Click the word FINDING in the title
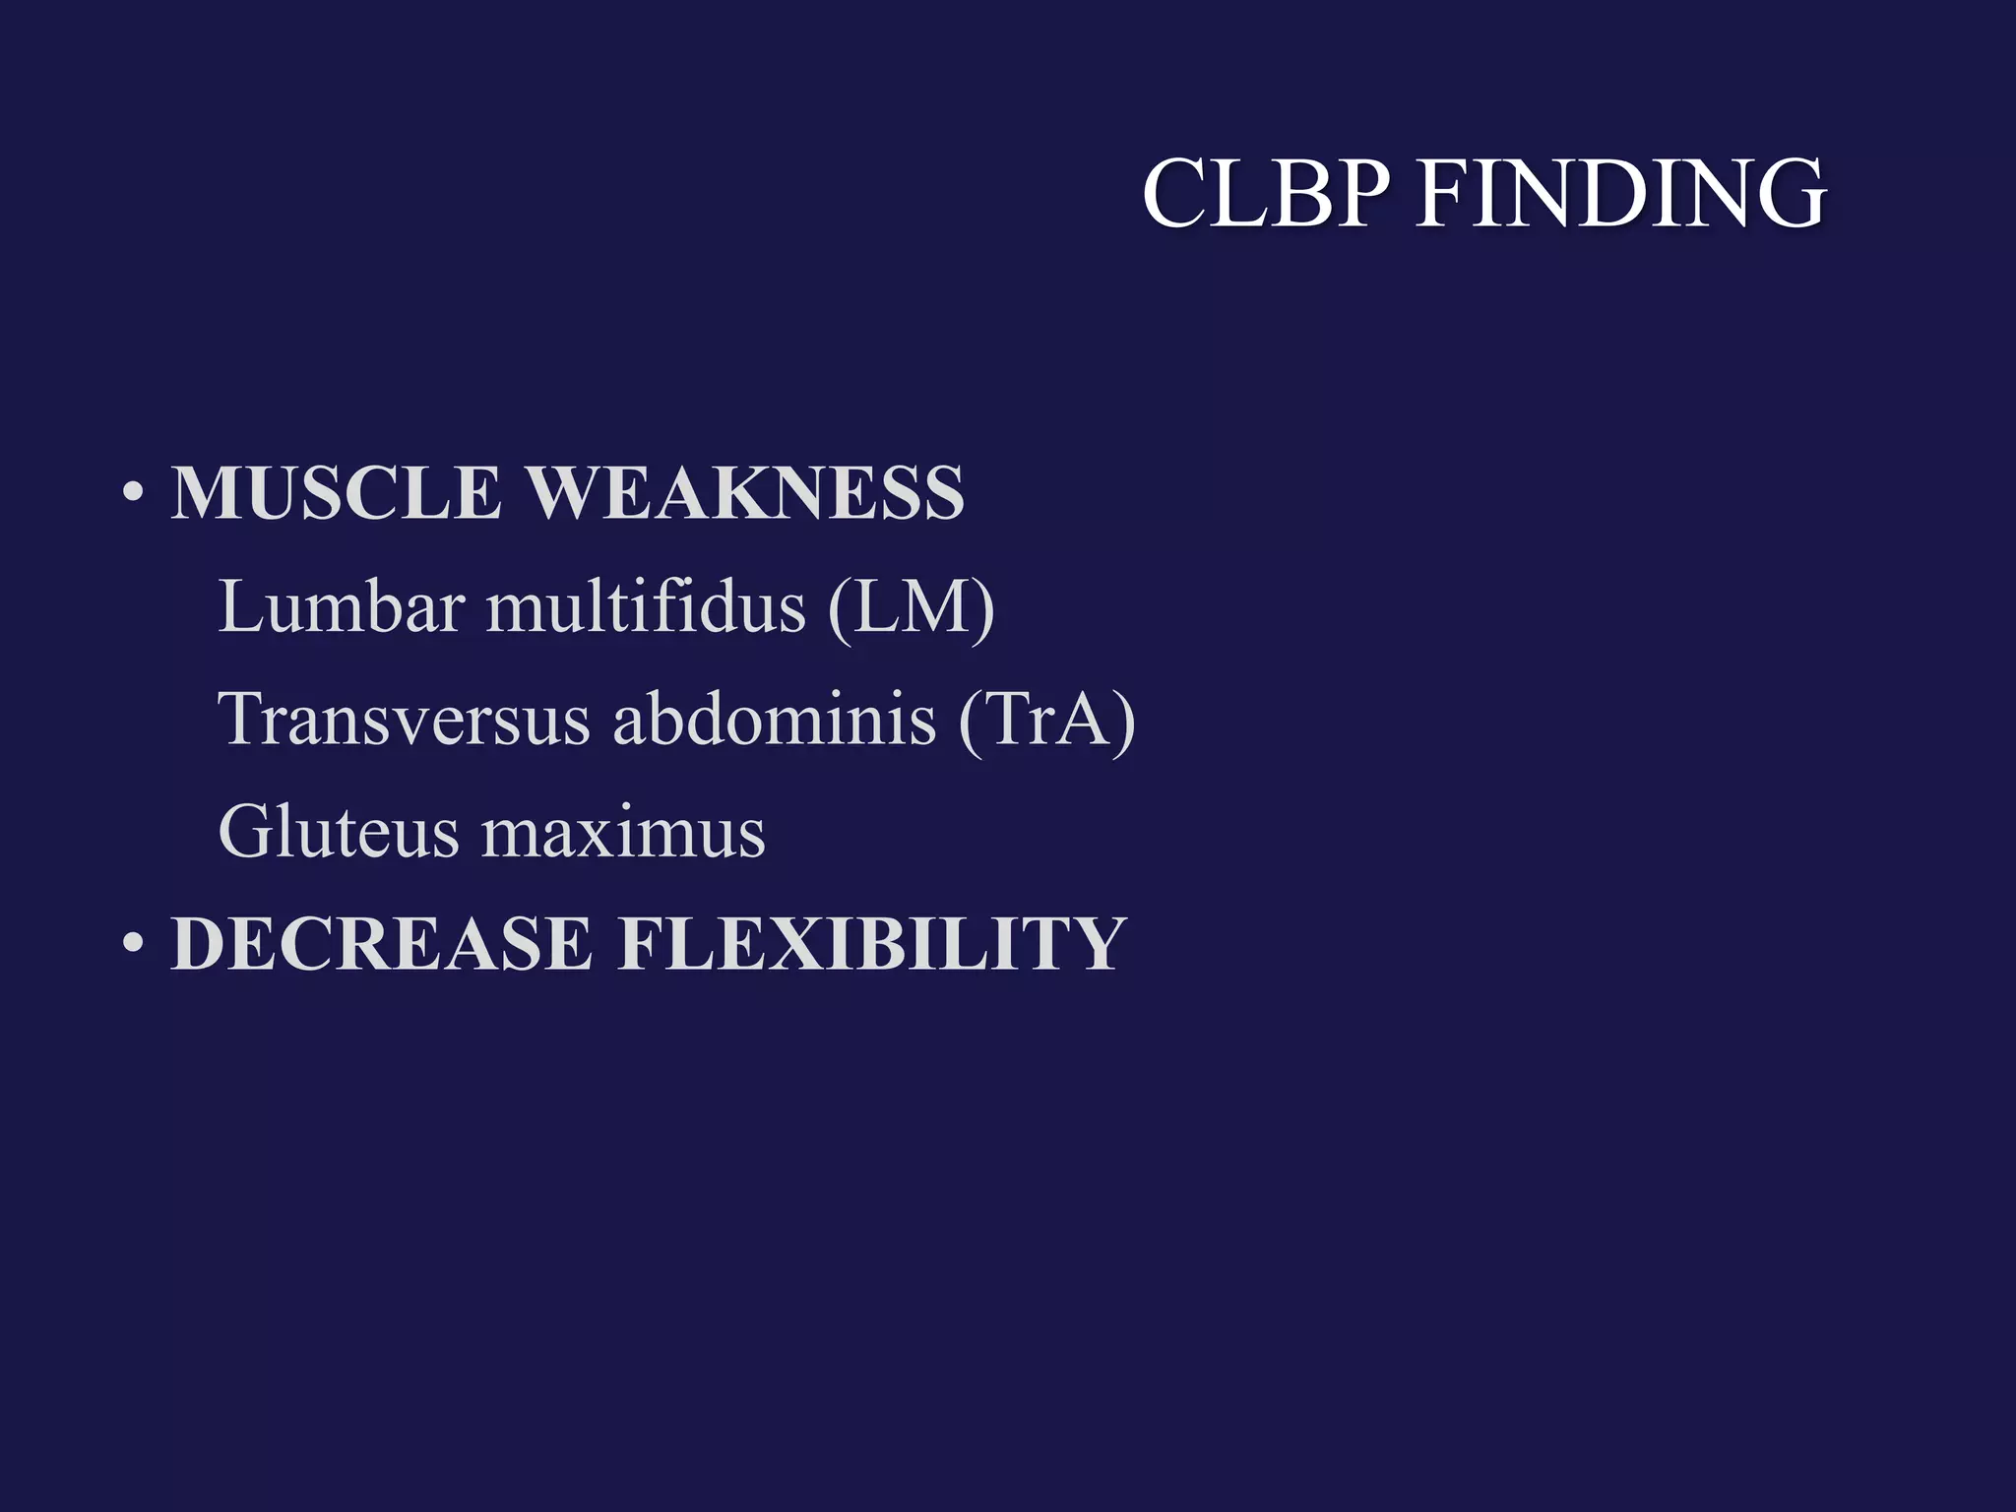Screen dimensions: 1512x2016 1620,194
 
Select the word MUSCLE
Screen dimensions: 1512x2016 336,493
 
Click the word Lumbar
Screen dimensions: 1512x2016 341,607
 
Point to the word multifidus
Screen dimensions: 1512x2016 646,607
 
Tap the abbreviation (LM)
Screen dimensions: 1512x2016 912,607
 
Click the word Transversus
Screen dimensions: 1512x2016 404,720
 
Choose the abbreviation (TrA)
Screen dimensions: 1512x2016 1047,720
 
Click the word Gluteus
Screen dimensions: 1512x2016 339,833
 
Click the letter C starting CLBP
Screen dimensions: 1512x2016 1175,194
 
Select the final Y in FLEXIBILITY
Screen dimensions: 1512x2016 1091,944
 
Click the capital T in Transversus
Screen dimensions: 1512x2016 246,720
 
